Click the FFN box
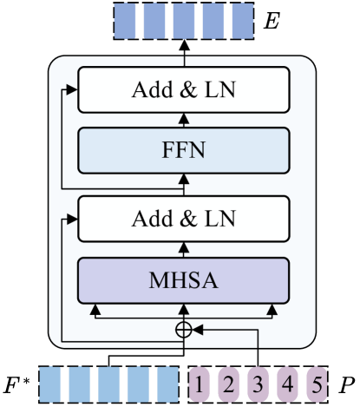[182, 149]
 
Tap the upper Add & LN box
[182, 91]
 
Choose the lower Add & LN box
[182, 218]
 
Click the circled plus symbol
[183, 329]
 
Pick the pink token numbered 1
[201, 383]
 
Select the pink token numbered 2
[230, 383]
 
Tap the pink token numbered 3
[259, 383]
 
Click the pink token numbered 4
[287, 383]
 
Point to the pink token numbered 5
[316, 383]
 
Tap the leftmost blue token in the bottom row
[54, 383]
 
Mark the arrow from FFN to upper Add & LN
[183, 120]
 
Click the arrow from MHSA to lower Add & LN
[183, 247]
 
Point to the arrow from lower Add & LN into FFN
[183, 182]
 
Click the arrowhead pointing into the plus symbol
[196, 329]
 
